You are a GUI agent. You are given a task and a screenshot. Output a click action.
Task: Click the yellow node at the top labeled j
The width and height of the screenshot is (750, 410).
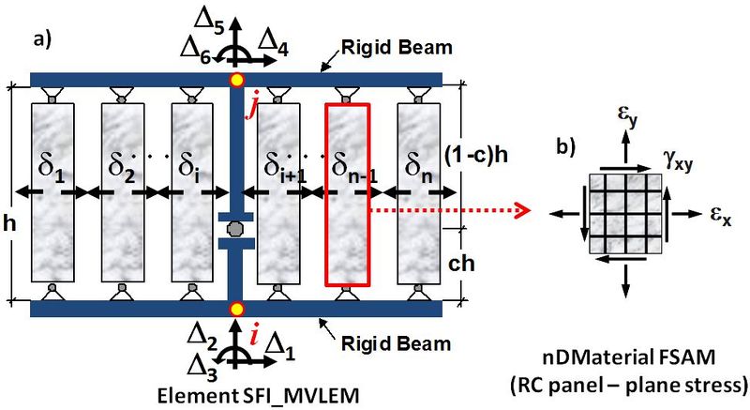click(236, 80)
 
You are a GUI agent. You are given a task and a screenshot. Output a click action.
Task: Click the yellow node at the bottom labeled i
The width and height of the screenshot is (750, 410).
click(236, 309)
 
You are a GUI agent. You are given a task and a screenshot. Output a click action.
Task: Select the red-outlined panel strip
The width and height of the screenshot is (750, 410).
click(348, 195)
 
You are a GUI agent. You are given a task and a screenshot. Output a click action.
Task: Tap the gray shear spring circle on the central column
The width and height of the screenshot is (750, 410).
click(235, 230)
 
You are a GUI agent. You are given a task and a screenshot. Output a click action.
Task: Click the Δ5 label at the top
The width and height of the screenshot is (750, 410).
click(210, 22)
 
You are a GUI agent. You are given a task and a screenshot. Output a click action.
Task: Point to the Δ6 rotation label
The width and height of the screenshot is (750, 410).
click(196, 50)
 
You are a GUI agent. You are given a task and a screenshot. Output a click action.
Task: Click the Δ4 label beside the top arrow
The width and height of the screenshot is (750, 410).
click(273, 44)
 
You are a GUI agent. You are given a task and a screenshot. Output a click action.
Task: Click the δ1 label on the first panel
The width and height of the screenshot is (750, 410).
click(52, 169)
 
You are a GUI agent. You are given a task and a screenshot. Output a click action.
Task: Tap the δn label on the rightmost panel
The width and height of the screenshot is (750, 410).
click(419, 169)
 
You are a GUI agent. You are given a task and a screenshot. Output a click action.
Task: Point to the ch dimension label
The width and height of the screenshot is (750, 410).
click(461, 263)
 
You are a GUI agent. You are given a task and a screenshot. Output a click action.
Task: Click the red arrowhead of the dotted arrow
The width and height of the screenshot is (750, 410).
click(524, 209)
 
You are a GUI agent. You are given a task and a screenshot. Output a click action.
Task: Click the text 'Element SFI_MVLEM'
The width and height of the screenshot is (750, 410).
click(259, 397)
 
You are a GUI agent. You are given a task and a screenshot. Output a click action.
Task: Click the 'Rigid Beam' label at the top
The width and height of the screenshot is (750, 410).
click(397, 47)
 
